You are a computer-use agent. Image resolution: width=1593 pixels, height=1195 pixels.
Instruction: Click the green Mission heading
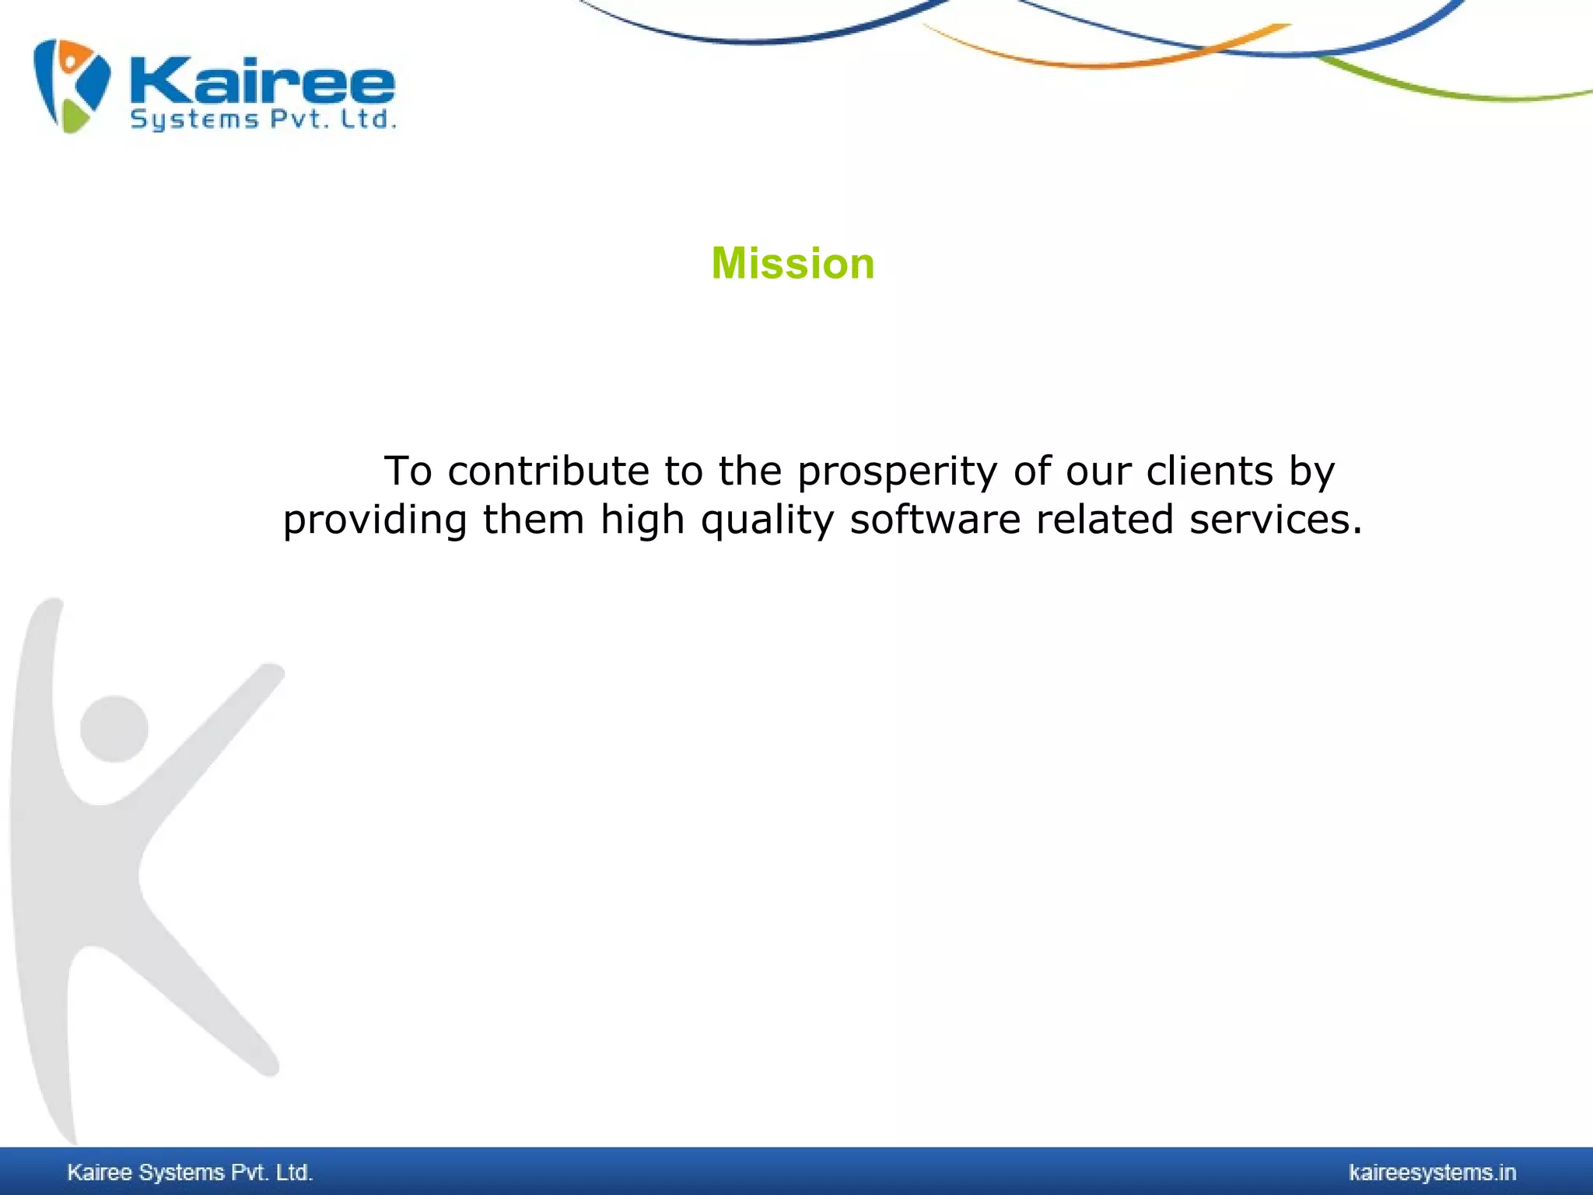click(793, 264)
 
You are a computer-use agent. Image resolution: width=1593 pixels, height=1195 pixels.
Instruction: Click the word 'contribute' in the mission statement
click(548, 471)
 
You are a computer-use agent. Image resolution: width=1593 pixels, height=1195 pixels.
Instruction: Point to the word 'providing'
click(374, 520)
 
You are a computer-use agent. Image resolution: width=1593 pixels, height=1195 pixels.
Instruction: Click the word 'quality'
click(767, 520)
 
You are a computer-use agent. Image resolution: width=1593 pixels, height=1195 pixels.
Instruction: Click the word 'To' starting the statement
click(408, 471)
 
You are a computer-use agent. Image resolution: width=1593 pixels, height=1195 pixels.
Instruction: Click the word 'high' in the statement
click(642, 520)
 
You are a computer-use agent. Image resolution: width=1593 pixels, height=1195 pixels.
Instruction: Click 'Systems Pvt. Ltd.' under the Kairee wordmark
click(263, 120)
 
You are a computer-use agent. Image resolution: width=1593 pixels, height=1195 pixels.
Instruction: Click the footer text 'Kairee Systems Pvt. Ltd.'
click(190, 1172)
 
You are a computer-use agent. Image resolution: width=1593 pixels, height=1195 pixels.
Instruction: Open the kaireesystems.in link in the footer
click(1432, 1172)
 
